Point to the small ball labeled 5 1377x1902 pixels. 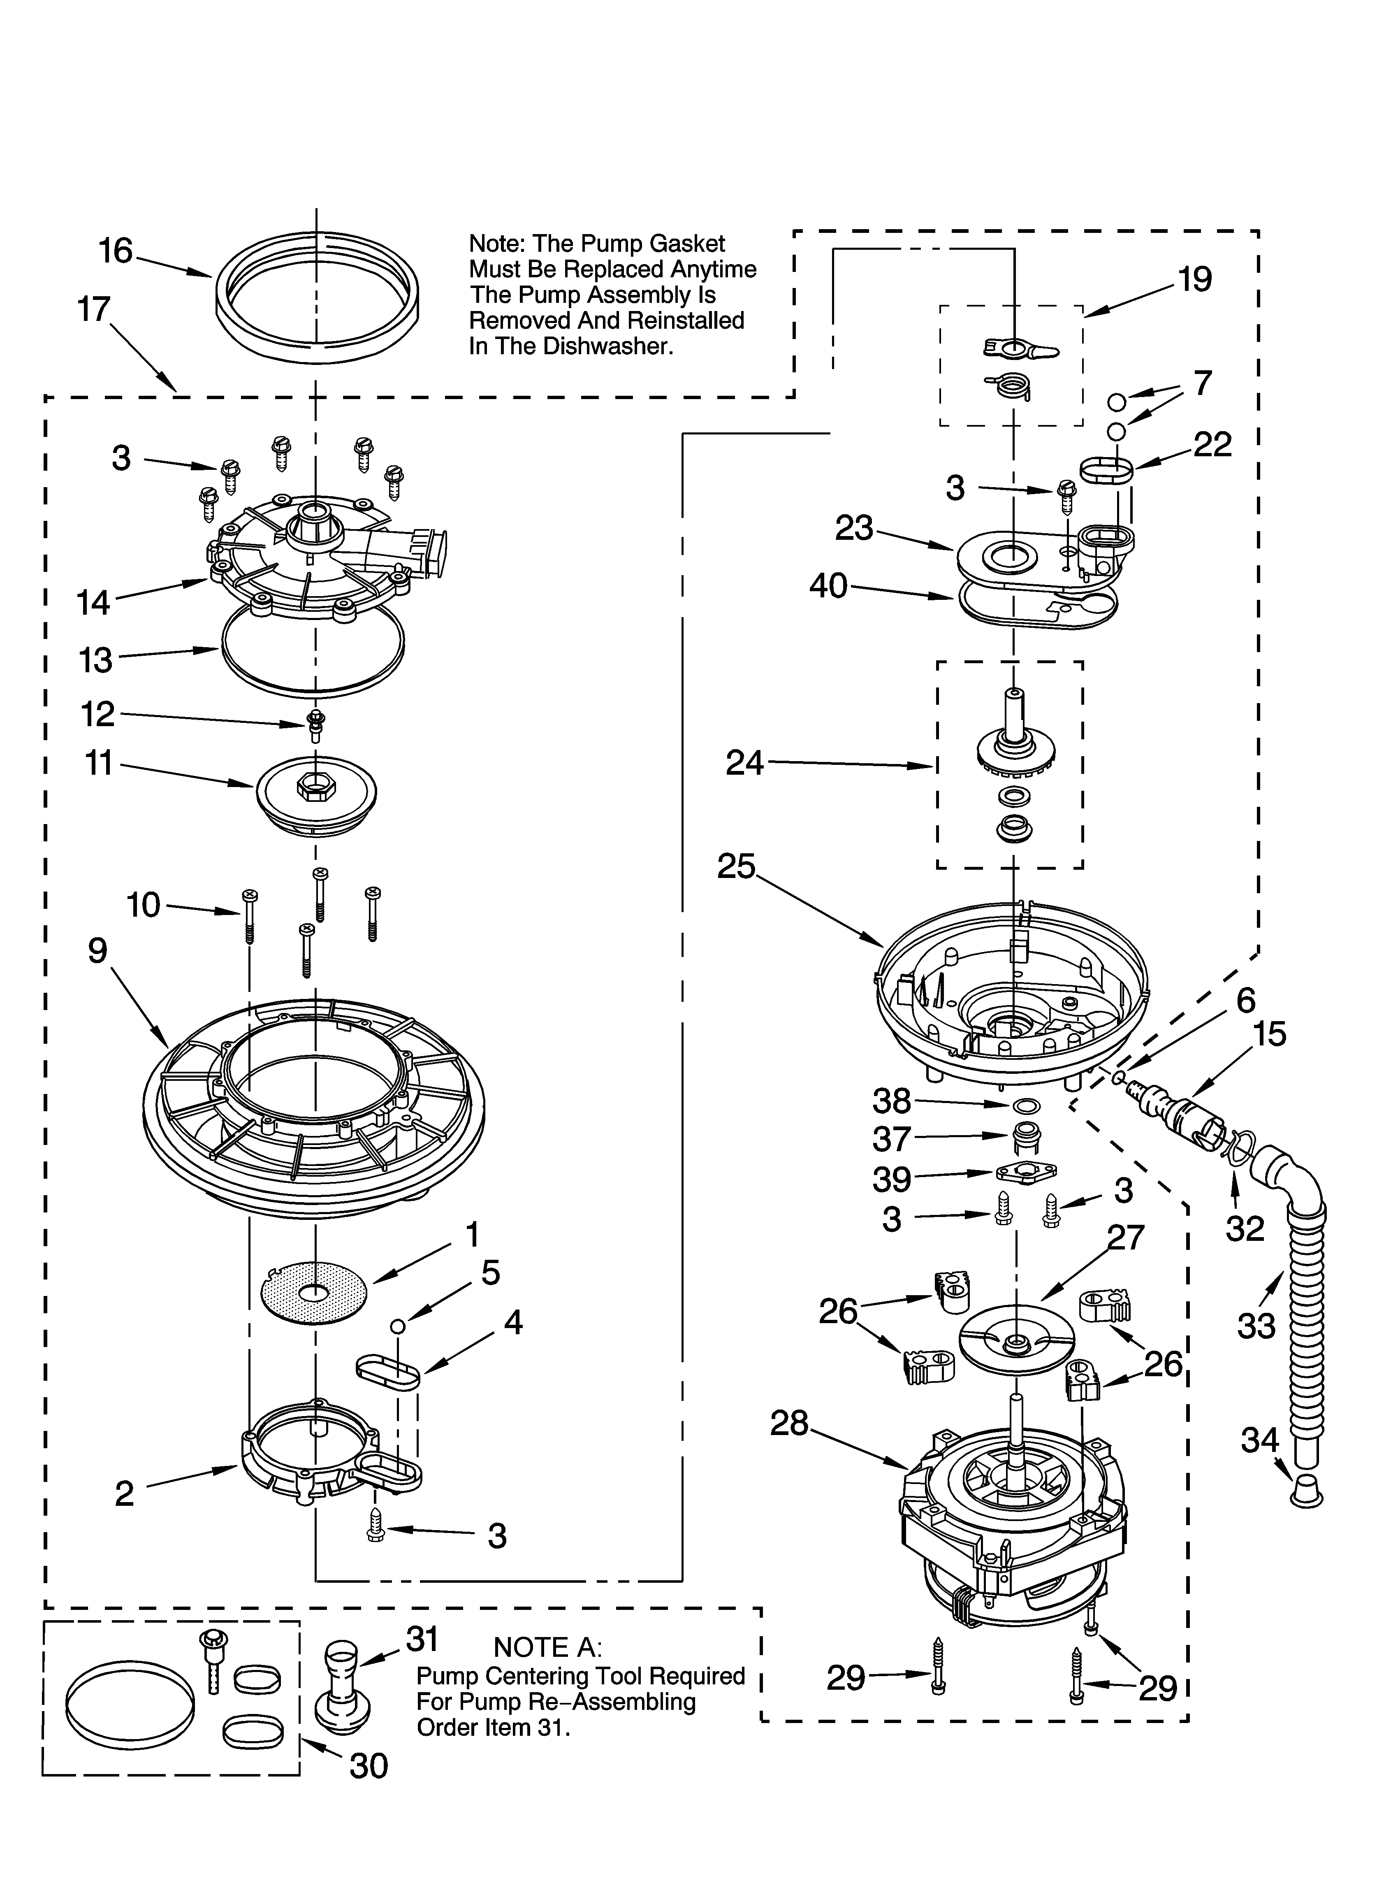point(399,1326)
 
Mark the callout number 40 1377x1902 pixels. point(829,585)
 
